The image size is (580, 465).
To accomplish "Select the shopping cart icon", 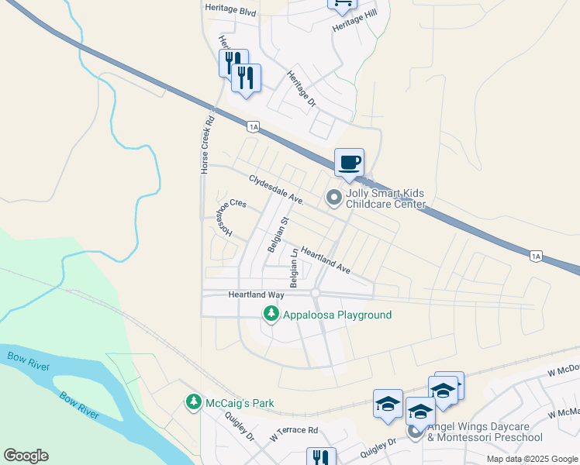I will pyautogui.click(x=342, y=4).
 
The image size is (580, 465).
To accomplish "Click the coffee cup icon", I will pyautogui.click(x=349, y=163).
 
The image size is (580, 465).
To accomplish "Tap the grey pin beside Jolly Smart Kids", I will pyautogui.click(x=334, y=198).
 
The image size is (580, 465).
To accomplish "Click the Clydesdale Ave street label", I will pyautogui.click(x=275, y=189).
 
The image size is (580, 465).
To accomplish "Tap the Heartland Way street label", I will pyautogui.click(x=256, y=295).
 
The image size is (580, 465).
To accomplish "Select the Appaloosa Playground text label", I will pyautogui.click(x=337, y=315).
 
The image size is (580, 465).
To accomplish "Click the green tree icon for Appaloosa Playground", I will pyautogui.click(x=271, y=314).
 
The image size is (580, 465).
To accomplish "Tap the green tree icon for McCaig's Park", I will pyautogui.click(x=193, y=402).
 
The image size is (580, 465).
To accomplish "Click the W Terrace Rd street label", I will pyautogui.click(x=294, y=429).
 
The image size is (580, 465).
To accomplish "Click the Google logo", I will pyautogui.click(x=26, y=456).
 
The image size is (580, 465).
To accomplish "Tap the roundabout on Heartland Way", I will pyautogui.click(x=316, y=292).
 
